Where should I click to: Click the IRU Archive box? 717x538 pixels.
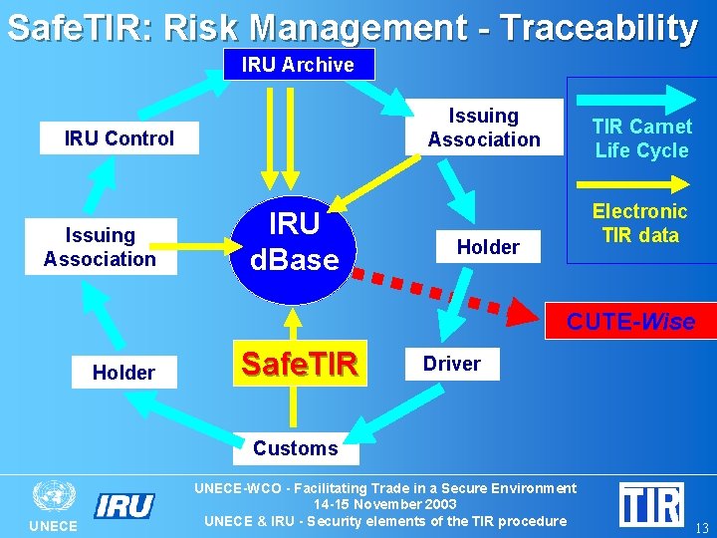(x=298, y=65)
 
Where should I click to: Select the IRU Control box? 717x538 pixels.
(x=119, y=138)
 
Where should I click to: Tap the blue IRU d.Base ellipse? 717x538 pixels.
(x=294, y=241)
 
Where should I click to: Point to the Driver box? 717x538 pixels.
(x=451, y=364)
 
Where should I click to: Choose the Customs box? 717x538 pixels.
(x=295, y=448)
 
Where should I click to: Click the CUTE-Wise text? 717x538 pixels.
(x=630, y=322)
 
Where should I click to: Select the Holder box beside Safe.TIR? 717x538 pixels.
(x=123, y=373)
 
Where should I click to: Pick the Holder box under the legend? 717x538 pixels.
(x=488, y=247)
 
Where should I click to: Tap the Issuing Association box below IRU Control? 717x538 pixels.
(x=100, y=247)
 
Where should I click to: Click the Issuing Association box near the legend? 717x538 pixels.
(x=484, y=128)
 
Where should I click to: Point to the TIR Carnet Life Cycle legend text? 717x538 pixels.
(x=641, y=138)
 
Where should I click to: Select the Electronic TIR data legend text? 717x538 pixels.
(x=639, y=223)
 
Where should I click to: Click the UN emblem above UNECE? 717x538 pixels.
(x=54, y=496)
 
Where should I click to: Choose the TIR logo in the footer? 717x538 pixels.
(x=650, y=504)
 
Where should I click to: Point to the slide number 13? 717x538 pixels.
(x=702, y=528)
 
